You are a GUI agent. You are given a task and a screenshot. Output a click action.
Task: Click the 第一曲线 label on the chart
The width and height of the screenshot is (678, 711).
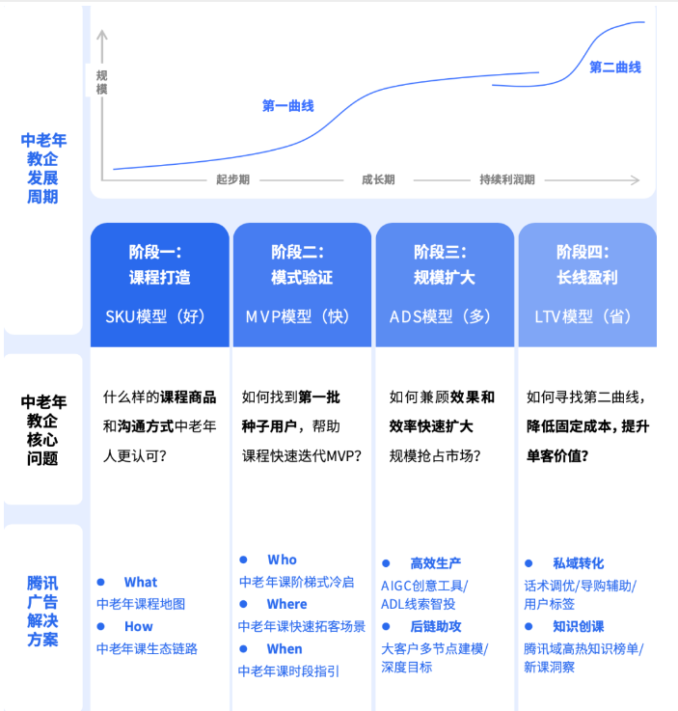pos(287,106)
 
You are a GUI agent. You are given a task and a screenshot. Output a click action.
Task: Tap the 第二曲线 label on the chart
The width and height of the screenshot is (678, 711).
pos(614,68)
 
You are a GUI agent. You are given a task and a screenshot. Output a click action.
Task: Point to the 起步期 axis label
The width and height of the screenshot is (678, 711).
pos(232,179)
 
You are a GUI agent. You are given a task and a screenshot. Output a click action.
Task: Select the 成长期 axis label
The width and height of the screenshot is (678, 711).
pos(377,179)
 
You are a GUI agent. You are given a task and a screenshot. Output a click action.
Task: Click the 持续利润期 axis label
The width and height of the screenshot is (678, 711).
pos(506,179)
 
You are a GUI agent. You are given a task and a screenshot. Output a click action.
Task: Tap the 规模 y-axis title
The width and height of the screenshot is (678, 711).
pos(101,82)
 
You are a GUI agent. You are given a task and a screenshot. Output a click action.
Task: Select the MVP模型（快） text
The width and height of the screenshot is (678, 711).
pos(302,315)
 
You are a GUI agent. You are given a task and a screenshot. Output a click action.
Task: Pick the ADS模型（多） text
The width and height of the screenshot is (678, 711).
pos(444,315)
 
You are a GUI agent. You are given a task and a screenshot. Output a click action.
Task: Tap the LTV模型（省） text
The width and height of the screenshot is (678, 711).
pos(586,315)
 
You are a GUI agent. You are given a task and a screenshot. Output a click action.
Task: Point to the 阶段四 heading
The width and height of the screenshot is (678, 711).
pos(586,252)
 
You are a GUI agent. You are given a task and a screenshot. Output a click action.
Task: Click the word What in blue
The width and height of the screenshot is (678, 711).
pos(140,582)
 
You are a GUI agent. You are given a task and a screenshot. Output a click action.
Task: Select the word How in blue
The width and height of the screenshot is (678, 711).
pos(138,626)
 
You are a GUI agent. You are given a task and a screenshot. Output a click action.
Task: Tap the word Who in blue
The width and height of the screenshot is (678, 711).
pos(283,560)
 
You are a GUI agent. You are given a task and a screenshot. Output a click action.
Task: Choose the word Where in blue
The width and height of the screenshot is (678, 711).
pos(286,604)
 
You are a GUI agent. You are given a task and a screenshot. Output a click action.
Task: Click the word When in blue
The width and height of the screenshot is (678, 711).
pos(285,648)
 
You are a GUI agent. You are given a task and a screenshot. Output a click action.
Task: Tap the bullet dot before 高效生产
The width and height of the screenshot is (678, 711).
pos(386,562)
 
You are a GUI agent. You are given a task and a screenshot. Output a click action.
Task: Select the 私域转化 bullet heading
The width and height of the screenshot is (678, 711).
pos(578,562)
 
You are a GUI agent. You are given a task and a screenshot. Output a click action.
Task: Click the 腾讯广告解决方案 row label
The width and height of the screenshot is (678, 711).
pos(42,611)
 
